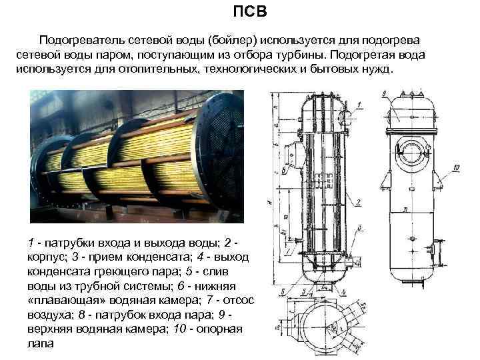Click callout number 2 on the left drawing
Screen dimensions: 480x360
click(x=359, y=202)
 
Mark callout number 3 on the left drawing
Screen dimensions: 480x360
click(x=359, y=227)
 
